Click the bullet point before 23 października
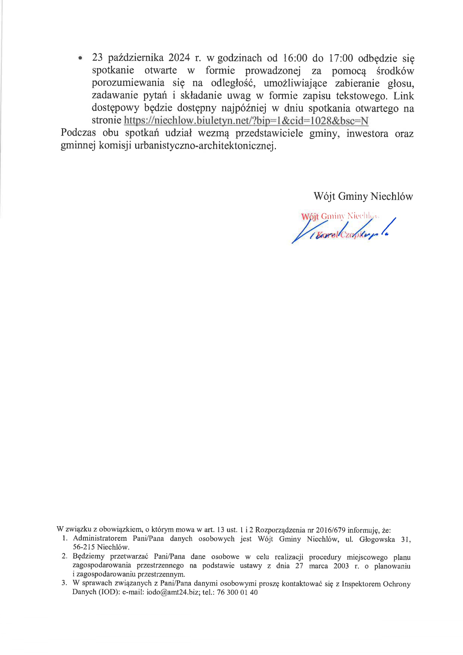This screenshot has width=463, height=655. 80,59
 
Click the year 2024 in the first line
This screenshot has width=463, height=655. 179,58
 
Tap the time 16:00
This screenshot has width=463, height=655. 295,58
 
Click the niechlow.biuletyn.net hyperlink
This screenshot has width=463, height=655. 246,120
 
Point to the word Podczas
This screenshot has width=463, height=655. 78,133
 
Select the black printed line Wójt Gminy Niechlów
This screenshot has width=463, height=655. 363,196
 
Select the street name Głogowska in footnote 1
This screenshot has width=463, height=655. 377,539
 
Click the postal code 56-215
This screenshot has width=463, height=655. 84,547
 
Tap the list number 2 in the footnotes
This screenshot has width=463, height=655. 64,557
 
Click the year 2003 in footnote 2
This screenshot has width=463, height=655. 341,566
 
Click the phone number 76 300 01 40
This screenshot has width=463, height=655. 237,592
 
